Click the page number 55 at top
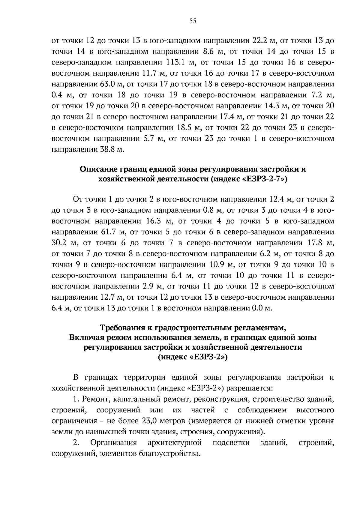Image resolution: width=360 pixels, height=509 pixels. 193,21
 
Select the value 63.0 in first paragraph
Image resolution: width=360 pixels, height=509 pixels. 107,84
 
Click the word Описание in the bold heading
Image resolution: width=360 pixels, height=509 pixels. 98,169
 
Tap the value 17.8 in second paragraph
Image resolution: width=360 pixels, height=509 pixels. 315,243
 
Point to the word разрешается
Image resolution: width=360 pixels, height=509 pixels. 249,388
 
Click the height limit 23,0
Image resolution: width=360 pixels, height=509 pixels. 149,421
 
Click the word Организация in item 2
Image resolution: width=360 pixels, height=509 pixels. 114,442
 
